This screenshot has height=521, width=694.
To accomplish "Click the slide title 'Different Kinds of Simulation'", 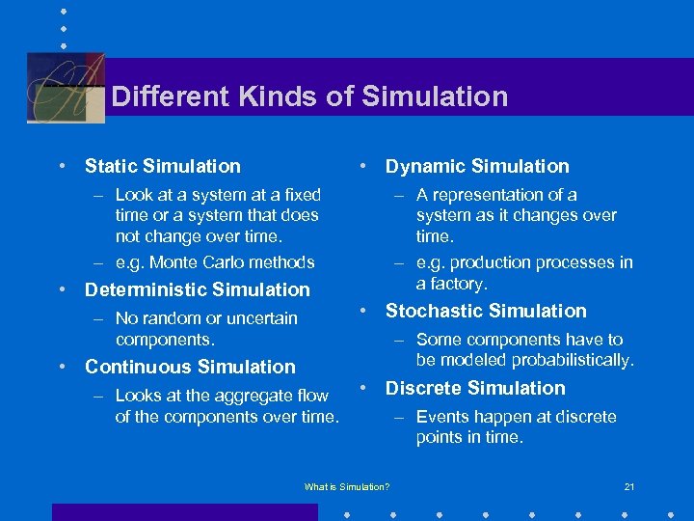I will click(309, 96).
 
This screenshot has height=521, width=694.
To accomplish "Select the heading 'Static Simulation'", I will click(163, 166).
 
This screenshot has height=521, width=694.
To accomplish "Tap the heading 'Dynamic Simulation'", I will click(477, 166).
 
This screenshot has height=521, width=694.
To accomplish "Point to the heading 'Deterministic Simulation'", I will click(198, 289).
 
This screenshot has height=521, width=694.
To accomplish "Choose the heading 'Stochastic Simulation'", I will click(486, 311).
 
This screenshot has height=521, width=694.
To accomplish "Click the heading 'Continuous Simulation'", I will click(190, 367).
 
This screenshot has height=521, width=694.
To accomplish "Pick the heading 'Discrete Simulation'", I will click(475, 388).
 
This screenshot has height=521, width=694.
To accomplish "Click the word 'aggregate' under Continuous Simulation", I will click(243, 396).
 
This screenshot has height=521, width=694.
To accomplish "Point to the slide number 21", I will click(629, 486).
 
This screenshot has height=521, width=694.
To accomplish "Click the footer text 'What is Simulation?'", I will click(347, 486).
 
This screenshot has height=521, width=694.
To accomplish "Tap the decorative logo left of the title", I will click(66, 87).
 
